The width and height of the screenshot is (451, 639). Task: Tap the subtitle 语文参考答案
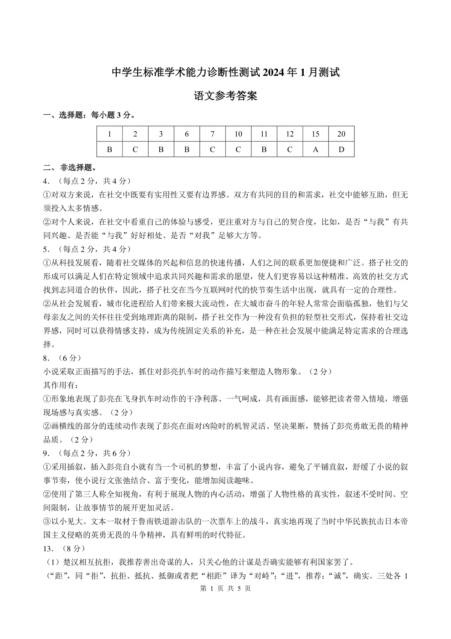click(x=225, y=96)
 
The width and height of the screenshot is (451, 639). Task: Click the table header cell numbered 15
click(x=315, y=134)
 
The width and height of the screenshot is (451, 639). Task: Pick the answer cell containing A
click(x=315, y=149)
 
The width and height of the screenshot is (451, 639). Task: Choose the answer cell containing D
click(x=341, y=149)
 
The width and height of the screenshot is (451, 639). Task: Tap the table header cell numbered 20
click(x=341, y=134)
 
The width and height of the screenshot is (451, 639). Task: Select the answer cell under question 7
click(x=212, y=149)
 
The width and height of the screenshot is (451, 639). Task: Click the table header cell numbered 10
click(x=238, y=134)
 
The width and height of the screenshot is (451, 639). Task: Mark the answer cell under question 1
click(x=109, y=149)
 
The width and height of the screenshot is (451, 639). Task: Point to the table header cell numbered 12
click(x=289, y=134)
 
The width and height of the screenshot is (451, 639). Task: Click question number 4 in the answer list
click(x=46, y=181)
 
